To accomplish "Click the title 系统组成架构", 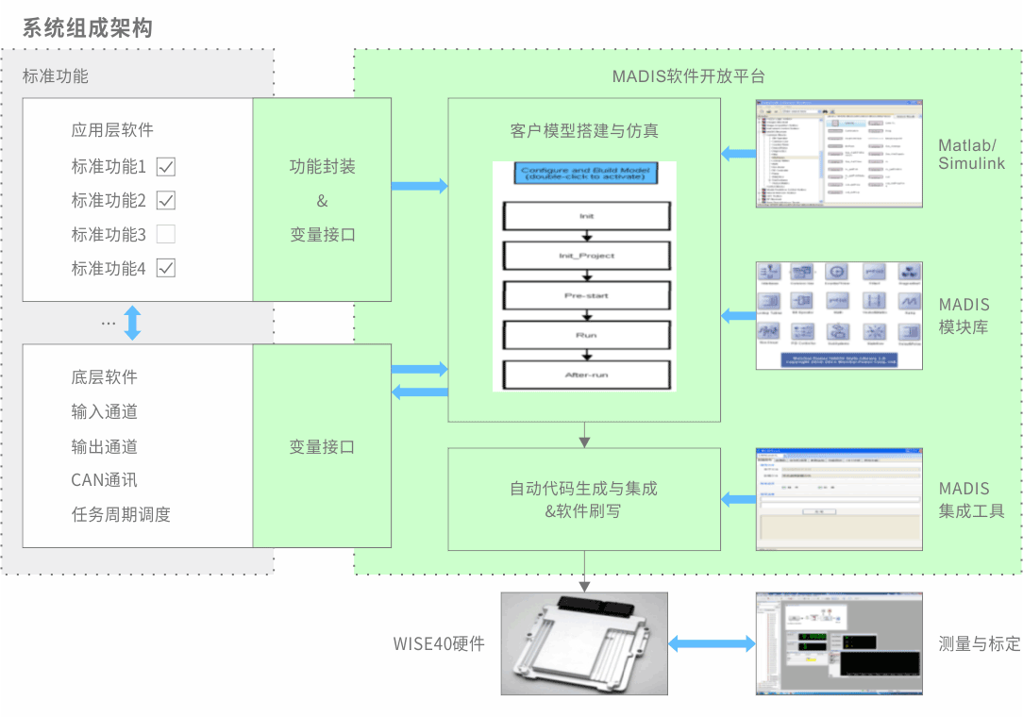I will pyautogui.click(x=87, y=28).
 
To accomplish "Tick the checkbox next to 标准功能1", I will pyautogui.click(x=166, y=167).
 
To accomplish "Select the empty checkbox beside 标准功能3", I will pyautogui.click(x=166, y=234).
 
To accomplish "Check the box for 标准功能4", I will pyautogui.click(x=166, y=268).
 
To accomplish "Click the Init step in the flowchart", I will pyautogui.click(x=586, y=216).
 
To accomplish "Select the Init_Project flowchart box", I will pyautogui.click(x=586, y=256).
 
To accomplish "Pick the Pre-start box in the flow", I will pyautogui.click(x=586, y=295).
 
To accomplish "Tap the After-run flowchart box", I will pyautogui.click(x=586, y=375).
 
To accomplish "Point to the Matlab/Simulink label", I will pyautogui.click(x=971, y=155).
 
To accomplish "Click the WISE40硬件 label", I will pyautogui.click(x=439, y=644).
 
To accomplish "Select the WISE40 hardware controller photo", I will pyautogui.click(x=584, y=643).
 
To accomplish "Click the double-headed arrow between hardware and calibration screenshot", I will pyautogui.click(x=712, y=643).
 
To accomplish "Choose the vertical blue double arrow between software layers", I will pyautogui.click(x=132, y=323).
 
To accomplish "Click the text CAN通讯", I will pyautogui.click(x=104, y=480).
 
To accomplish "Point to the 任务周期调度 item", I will pyautogui.click(x=121, y=514).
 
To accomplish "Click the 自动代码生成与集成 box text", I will pyautogui.click(x=583, y=489).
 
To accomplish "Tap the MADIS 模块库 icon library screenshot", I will pyautogui.click(x=839, y=315).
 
